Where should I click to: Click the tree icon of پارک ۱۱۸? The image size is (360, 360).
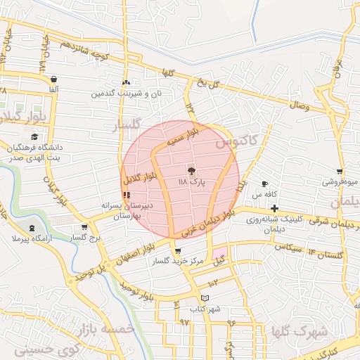(191, 170)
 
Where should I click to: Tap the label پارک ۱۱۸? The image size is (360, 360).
(192, 182)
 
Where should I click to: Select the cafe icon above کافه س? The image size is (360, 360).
(264, 184)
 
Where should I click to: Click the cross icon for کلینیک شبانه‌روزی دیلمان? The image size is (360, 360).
(274, 208)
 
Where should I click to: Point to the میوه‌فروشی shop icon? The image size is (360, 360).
(340, 172)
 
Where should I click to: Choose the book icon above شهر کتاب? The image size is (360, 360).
(205, 298)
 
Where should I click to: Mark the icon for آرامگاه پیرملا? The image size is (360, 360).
(32, 228)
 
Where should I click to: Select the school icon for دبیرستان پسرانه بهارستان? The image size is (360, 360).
(127, 195)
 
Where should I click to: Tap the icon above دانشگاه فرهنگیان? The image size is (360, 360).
(34, 137)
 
